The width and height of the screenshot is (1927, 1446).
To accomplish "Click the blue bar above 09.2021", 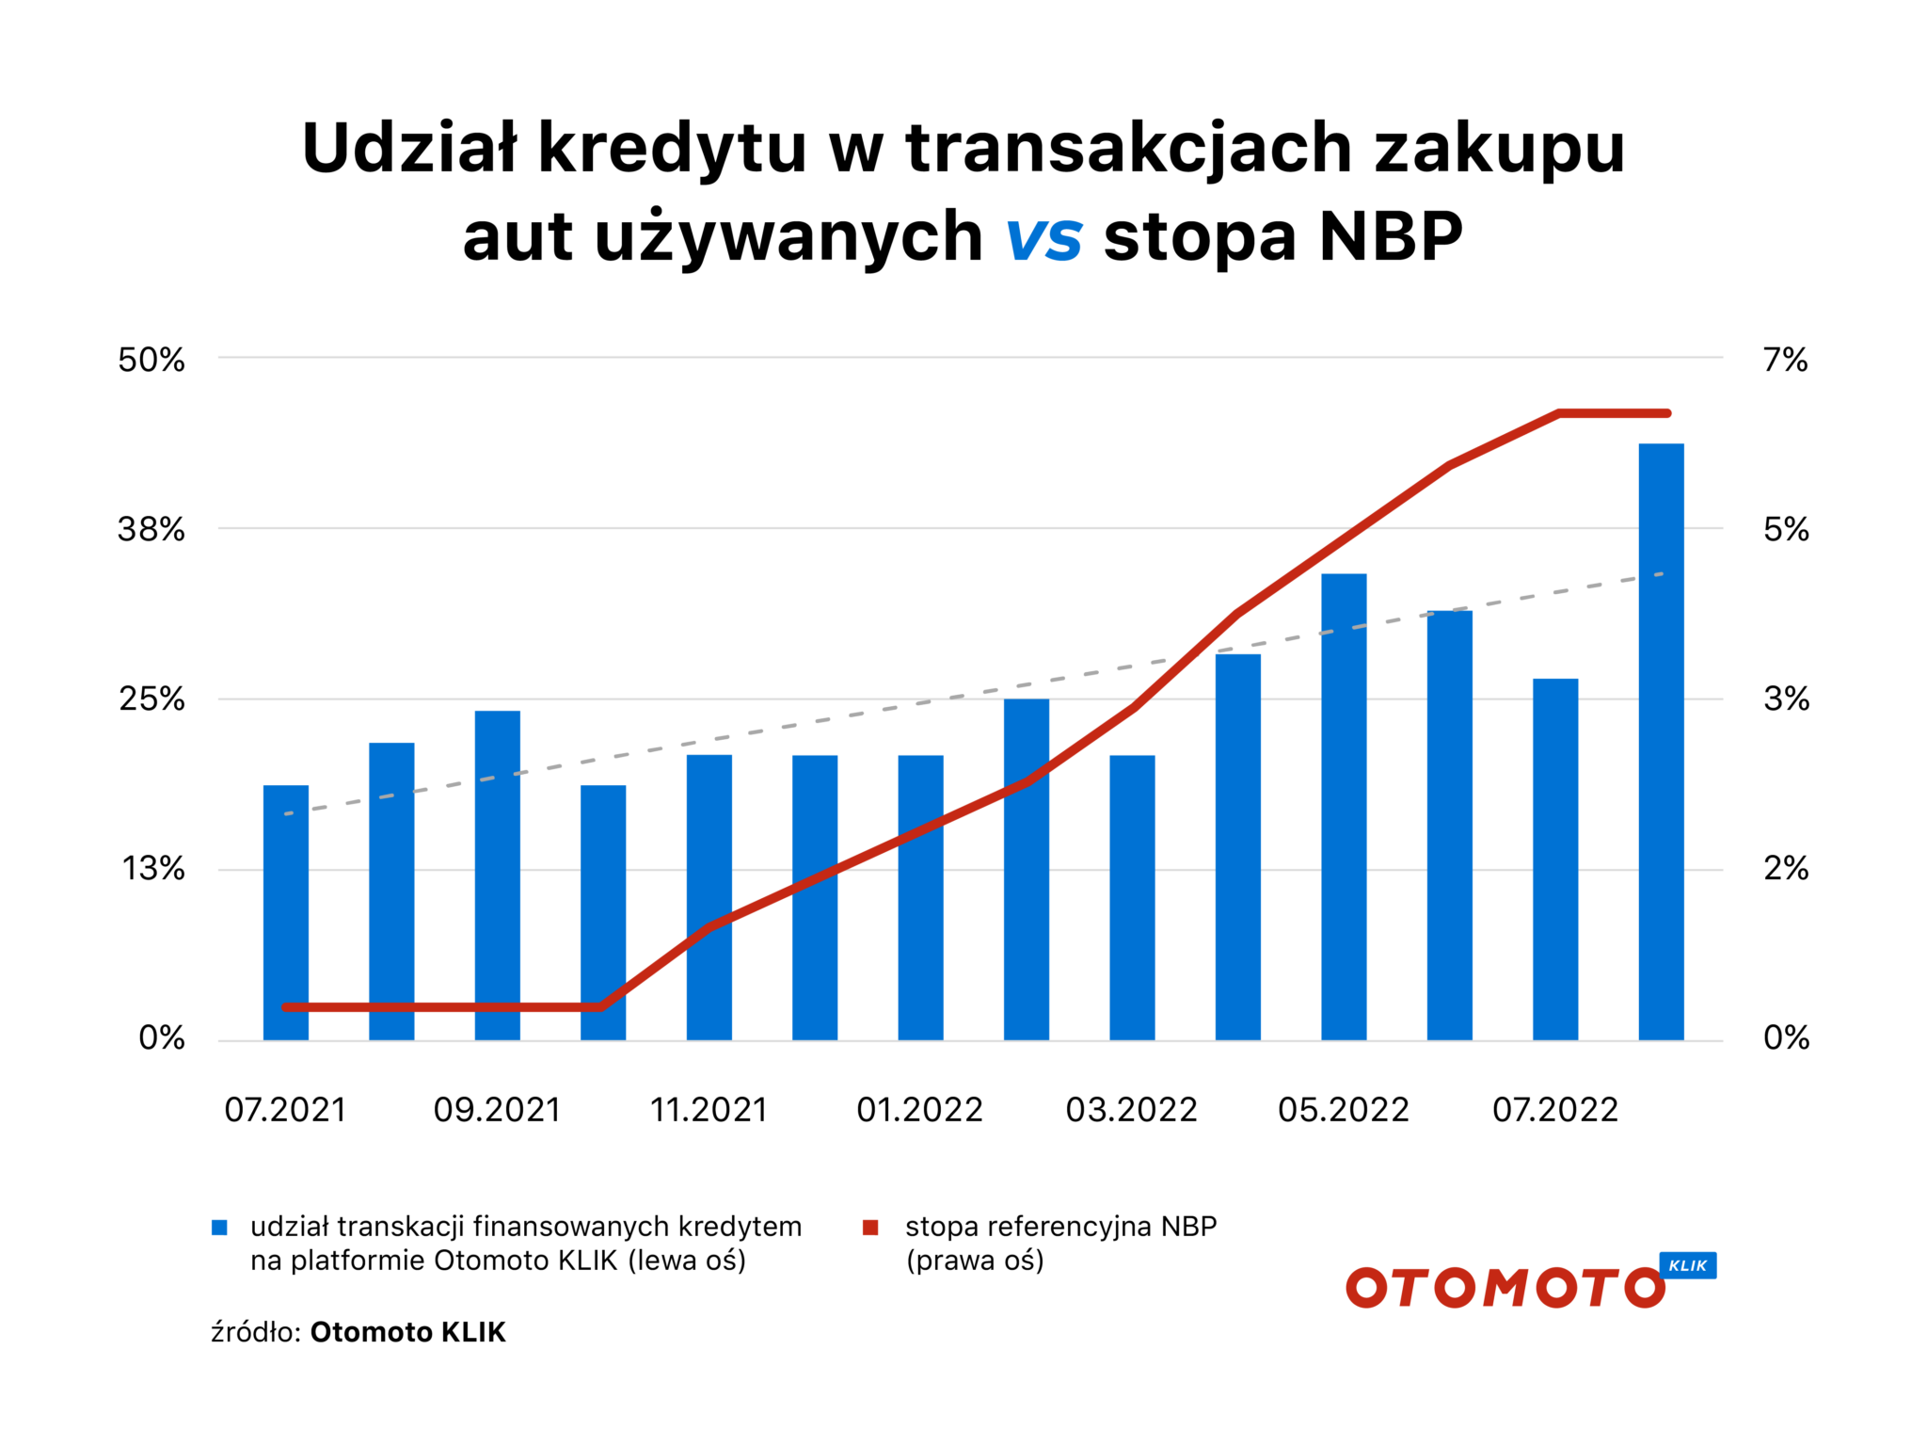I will [497, 875].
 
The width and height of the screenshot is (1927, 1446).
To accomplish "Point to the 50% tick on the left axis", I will [151, 360].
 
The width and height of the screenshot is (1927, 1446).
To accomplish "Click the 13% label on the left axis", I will [153, 868].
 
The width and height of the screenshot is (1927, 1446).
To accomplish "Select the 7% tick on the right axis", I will [1785, 360].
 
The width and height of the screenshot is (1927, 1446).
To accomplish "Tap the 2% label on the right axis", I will [1785, 868].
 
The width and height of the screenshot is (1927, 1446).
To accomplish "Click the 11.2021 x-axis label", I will [709, 1110].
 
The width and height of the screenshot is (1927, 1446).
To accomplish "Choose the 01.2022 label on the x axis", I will [919, 1110].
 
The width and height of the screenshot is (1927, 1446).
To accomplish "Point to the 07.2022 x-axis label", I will [1554, 1110].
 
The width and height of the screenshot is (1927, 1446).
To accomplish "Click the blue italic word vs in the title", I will [1043, 237].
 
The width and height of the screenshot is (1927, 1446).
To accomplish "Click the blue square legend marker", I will [219, 1227].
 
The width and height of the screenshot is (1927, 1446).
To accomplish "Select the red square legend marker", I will [870, 1227].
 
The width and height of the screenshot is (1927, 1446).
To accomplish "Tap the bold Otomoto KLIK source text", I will [407, 1332].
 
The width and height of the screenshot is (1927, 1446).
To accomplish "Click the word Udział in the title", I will [409, 149].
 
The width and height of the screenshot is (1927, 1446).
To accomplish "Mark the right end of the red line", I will [1666, 413].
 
